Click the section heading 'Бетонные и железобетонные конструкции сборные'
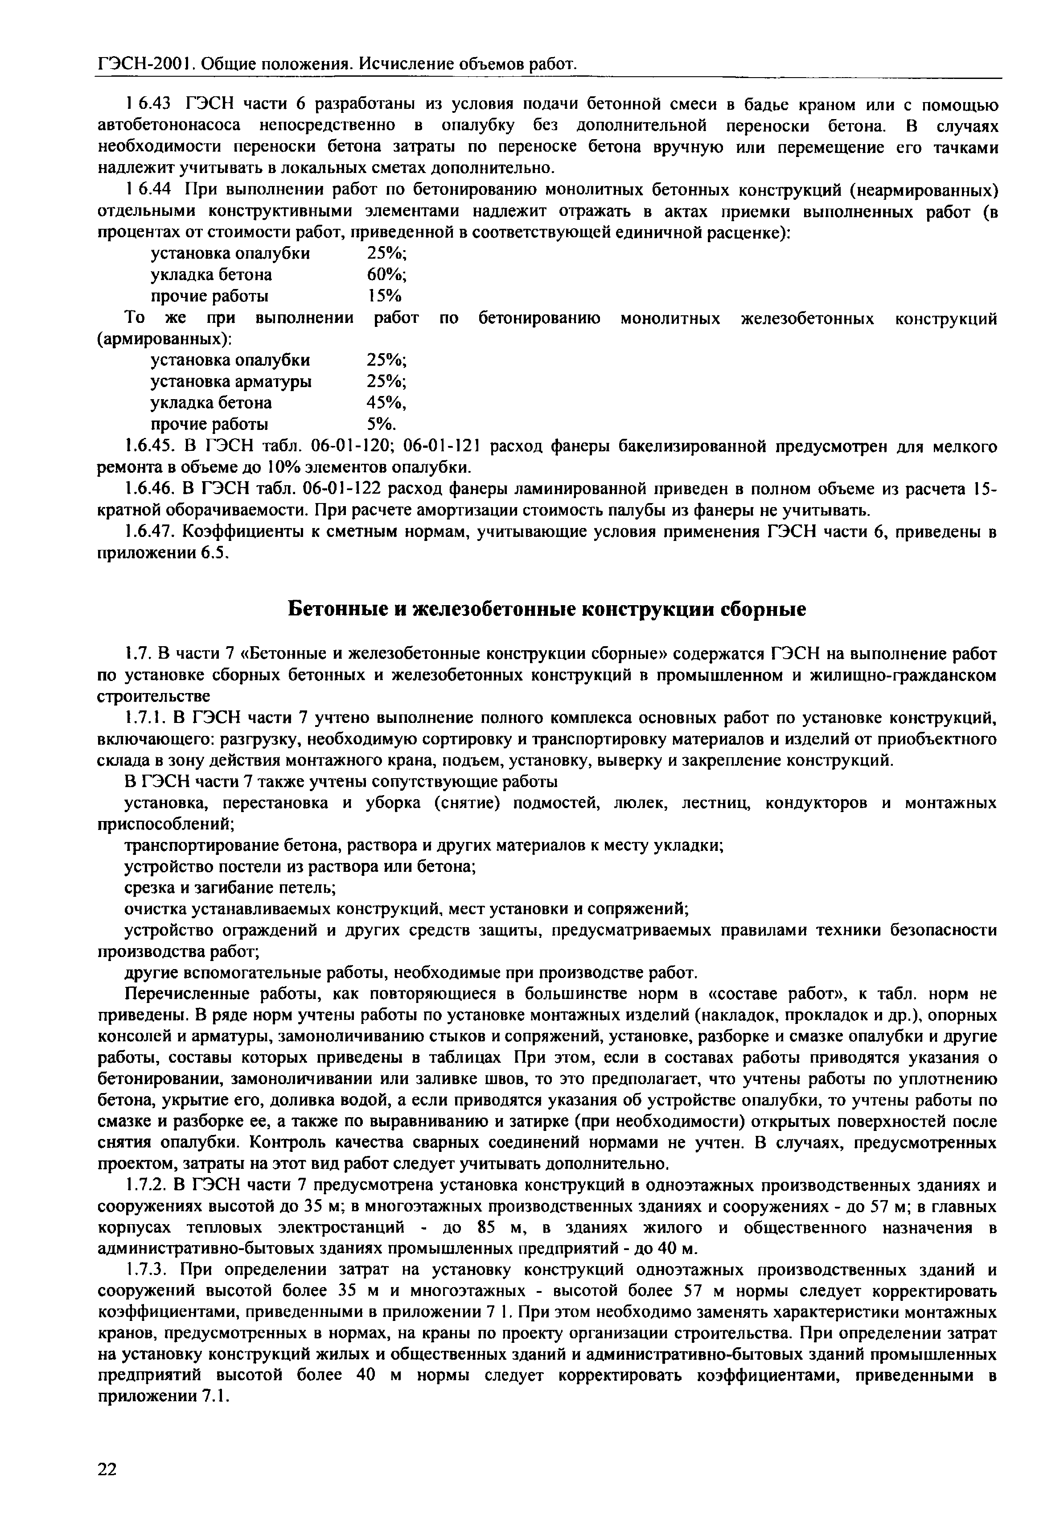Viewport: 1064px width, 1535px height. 546,610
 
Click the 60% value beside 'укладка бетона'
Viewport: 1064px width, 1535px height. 386,275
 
